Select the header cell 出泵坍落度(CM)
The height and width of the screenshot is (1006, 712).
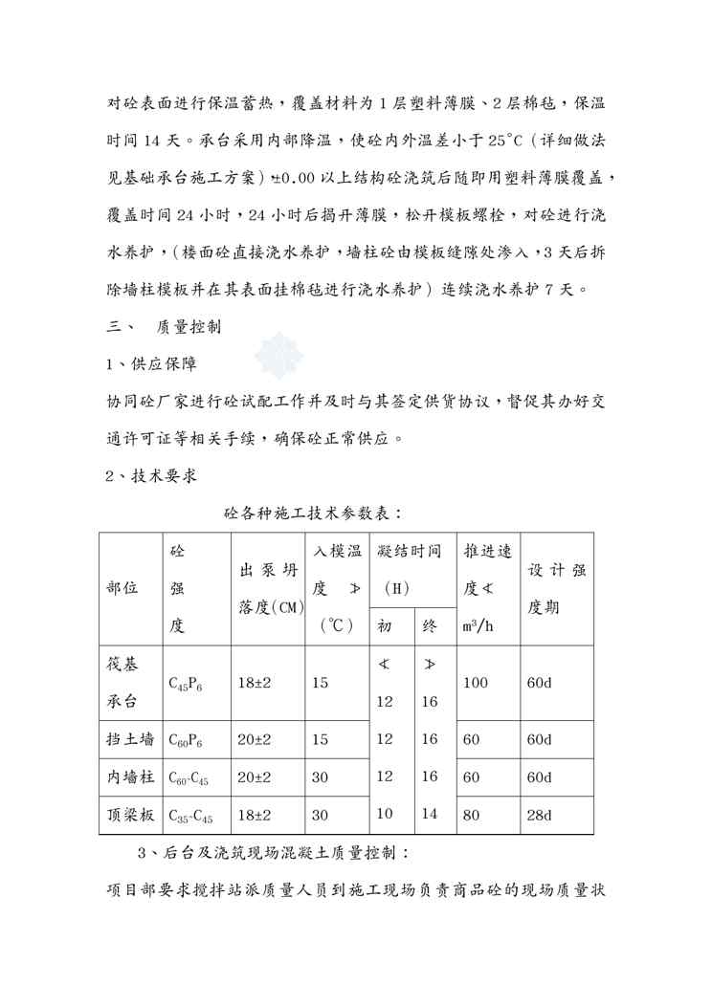click(267, 588)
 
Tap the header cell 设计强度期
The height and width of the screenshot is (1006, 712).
click(558, 588)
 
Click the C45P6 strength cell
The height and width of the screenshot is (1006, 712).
click(186, 683)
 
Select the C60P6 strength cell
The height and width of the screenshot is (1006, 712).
click(186, 740)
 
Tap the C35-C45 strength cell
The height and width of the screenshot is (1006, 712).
click(191, 816)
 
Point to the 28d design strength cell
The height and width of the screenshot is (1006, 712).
click(540, 815)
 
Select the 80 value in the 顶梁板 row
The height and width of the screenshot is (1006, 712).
click(471, 815)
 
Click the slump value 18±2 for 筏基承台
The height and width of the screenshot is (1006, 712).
click(254, 683)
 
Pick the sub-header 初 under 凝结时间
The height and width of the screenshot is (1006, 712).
click(385, 626)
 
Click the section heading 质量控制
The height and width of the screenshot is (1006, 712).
click(189, 327)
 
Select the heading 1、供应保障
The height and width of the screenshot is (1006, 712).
click(153, 364)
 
